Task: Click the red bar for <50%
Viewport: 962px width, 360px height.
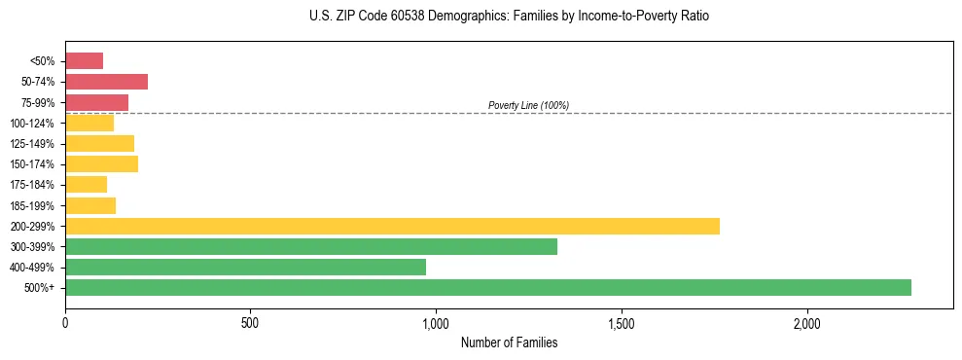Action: point(84,61)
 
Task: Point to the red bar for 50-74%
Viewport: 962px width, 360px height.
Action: point(106,82)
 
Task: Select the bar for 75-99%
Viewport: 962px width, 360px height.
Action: point(96,102)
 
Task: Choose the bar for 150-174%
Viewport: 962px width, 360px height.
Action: point(101,163)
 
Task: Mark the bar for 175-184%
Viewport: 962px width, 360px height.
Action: point(86,184)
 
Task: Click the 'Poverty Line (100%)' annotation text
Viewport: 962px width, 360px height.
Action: point(528,105)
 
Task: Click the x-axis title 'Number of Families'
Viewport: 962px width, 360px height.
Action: point(509,342)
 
